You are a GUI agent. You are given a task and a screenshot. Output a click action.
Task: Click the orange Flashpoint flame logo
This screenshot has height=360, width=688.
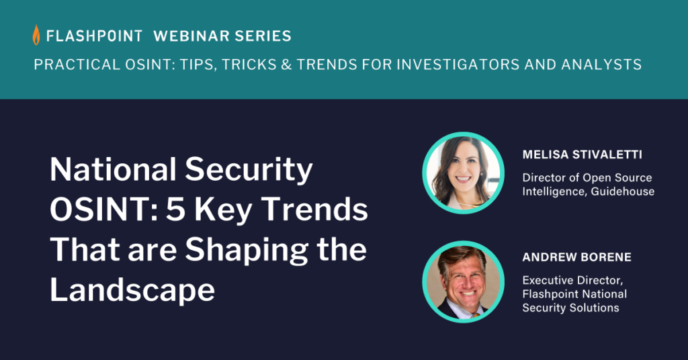tap(36, 35)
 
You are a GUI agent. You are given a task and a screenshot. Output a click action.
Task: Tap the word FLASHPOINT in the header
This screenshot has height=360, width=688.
tap(94, 36)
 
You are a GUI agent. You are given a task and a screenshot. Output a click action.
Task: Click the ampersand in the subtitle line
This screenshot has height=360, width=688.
tap(286, 65)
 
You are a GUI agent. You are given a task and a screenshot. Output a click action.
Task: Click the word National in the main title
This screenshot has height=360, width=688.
tap(113, 169)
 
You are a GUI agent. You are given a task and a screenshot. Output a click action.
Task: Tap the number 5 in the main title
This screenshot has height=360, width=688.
tap(175, 210)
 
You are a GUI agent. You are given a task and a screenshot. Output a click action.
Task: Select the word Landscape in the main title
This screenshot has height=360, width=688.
tap(132, 290)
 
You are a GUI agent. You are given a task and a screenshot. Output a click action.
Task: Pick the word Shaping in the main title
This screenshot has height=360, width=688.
tap(247, 250)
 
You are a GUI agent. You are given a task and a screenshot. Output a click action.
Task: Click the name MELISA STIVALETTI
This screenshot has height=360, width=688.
tap(583, 154)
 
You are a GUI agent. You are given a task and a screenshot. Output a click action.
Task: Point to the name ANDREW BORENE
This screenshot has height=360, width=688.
tap(576, 257)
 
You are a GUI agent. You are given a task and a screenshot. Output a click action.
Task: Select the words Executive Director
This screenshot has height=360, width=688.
tap(572, 280)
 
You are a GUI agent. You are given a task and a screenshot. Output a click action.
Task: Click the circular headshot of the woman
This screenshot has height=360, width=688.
tap(463, 173)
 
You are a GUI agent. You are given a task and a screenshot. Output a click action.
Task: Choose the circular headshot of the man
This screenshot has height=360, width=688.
tap(463, 281)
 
